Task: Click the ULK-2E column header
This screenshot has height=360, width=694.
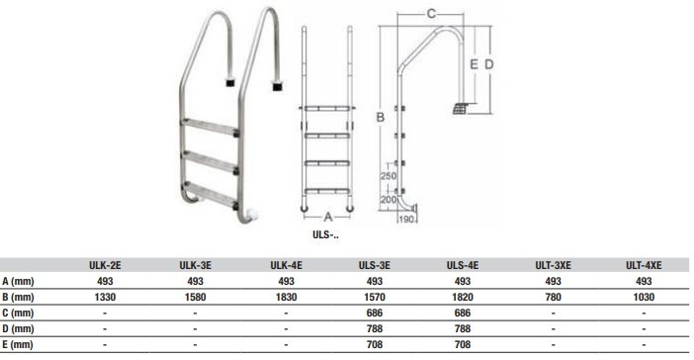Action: pyautogui.click(x=105, y=265)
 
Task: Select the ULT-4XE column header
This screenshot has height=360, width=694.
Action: pyautogui.click(x=644, y=265)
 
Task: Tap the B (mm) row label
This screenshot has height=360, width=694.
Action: pyautogui.click(x=18, y=297)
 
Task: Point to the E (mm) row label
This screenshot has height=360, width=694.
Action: pyautogui.click(x=18, y=344)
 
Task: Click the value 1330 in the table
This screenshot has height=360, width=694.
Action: pyautogui.click(x=105, y=297)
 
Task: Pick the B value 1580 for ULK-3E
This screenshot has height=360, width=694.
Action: pyautogui.click(x=195, y=297)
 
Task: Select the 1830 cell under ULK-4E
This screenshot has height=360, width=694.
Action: pyautogui.click(x=287, y=297)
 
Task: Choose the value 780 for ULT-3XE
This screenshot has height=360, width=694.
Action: pyautogui.click(x=554, y=297)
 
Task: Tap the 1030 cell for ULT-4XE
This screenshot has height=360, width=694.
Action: pyautogui.click(x=644, y=297)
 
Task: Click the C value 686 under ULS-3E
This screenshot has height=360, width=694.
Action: pyautogui.click(x=375, y=314)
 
